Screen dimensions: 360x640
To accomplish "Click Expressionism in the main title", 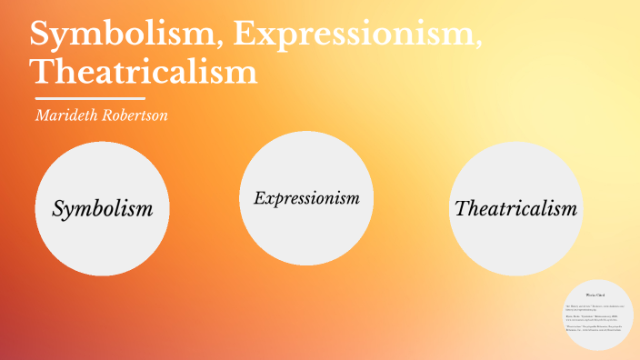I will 355,34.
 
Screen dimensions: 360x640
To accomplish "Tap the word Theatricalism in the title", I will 144,70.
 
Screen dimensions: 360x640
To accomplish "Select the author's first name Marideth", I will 67,115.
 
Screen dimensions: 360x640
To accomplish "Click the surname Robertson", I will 137,115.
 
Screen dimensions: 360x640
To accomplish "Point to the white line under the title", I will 89,97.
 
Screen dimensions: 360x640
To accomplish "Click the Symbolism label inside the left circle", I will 102,208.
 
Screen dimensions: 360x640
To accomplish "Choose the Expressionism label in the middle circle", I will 306,197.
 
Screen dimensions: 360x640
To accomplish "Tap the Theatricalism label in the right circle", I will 515,208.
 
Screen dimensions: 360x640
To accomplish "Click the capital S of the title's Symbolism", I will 42,34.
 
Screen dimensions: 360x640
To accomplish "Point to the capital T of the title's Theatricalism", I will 42,70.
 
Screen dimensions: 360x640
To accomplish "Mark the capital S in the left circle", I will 59,208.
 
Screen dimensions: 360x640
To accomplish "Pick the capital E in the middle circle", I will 259,197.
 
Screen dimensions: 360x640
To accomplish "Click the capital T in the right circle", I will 460,208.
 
